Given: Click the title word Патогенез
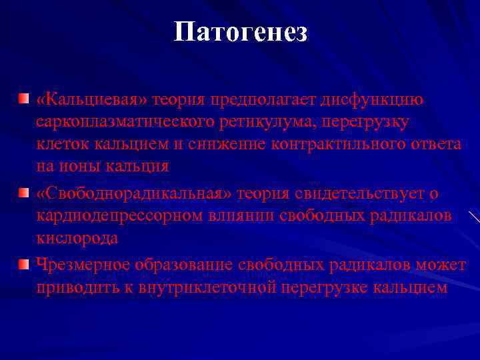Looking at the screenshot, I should point(240,31).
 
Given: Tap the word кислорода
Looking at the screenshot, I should point(77,238).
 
